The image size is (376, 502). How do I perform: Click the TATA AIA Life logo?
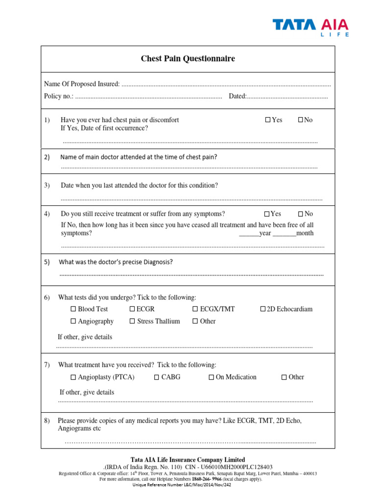(x=311, y=27)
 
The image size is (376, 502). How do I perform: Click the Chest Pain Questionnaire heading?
(x=188, y=59)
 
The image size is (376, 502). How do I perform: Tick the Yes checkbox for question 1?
(x=268, y=120)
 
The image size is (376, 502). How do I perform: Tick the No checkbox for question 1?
(x=301, y=120)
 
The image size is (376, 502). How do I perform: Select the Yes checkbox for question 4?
(x=267, y=214)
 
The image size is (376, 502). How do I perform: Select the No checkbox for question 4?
(x=301, y=214)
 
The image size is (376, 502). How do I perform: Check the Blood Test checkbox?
(x=73, y=309)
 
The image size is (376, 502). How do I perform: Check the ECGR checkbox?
(x=132, y=309)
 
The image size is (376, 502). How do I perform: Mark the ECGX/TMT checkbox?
(x=195, y=309)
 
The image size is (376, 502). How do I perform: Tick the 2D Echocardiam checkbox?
(x=263, y=309)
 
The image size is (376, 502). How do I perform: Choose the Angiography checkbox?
(x=73, y=321)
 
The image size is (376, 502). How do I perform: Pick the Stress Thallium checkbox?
(x=132, y=321)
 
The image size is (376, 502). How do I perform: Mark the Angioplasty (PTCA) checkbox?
(x=73, y=377)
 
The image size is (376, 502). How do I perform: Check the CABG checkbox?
(x=157, y=377)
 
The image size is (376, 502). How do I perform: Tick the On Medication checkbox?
(x=211, y=377)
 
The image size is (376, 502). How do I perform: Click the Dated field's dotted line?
(x=287, y=97)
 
